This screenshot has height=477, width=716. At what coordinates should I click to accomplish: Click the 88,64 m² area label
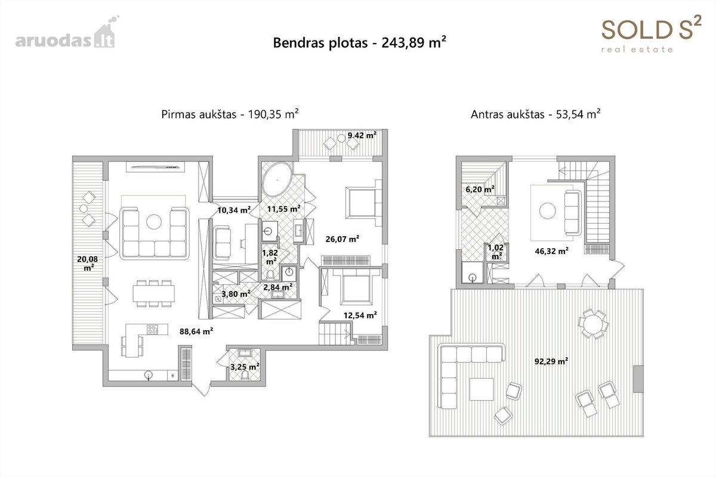coord(196,332)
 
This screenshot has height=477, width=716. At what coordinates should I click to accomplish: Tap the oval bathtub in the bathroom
coord(277,179)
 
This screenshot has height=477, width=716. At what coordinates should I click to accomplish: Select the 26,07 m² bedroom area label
coord(342,238)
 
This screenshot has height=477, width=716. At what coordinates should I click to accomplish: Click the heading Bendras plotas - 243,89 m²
coord(360,42)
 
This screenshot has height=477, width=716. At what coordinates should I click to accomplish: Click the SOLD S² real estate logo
coord(652,33)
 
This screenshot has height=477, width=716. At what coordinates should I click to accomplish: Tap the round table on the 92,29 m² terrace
coord(593,324)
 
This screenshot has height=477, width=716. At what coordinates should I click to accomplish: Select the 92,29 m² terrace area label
coord(551,361)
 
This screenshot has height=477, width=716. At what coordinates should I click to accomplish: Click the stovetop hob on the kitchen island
coord(153,329)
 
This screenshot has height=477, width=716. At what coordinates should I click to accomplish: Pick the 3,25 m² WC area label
coord(245,367)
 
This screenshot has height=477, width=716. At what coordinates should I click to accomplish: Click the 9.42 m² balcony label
coord(362,135)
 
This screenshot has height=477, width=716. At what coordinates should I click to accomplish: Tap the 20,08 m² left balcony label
coord(88,264)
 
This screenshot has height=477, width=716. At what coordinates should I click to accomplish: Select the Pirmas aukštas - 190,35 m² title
coord(230,114)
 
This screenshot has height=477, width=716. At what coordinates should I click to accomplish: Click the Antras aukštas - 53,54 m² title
coord(536,114)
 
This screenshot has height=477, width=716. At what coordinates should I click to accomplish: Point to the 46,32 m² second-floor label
coord(552,251)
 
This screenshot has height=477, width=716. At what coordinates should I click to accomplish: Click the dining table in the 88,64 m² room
coord(154,293)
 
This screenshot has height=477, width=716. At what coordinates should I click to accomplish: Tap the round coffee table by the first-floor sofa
coord(154,222)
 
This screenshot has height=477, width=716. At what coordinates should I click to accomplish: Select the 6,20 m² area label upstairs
coord(480,190)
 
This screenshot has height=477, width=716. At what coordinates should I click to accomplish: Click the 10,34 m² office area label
coord(234,210)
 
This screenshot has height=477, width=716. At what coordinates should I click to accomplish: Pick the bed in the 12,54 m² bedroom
coord(356,287)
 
